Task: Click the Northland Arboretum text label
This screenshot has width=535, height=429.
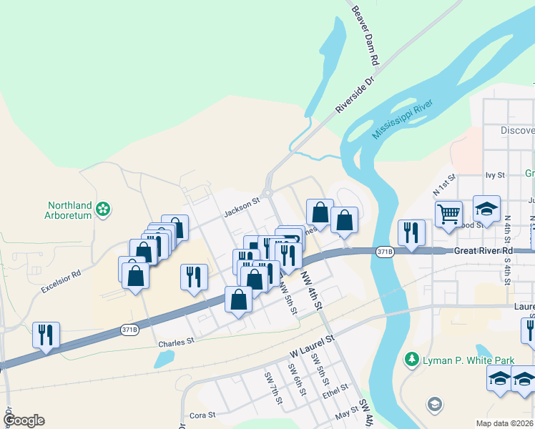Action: (x=69, y=208)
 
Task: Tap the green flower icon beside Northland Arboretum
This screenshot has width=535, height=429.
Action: (x=104, y=209)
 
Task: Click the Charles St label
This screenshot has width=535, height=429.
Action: (x=177, y=342)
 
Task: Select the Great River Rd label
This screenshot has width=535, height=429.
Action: (x=483, y=251)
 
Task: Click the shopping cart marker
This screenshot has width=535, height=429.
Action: (x=449, y=212)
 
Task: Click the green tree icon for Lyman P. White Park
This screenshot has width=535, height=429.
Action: (x=411, y=359)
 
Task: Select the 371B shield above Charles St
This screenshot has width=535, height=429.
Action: (x=129, y=330)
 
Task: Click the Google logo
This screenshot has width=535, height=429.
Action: (x=24, y=420)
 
